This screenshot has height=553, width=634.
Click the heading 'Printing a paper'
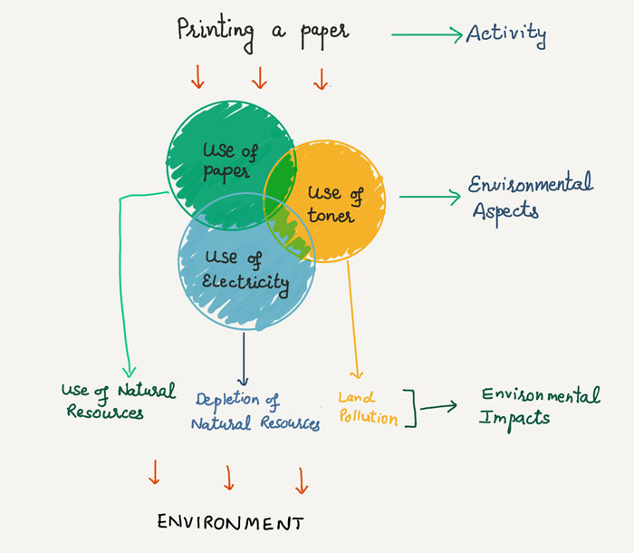(x=263, y=31)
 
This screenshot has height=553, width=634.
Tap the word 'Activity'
(x=506, y=34)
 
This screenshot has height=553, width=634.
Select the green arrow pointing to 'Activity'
(x=426, y=35)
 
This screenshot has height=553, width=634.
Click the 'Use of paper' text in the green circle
(x=229, y=161)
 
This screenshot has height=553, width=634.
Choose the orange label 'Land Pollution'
(x=368, y=408)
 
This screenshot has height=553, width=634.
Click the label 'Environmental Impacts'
(x=540, y=406)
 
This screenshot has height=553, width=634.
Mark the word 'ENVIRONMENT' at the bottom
(x=230, y=523)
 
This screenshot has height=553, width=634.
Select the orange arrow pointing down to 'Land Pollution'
(x=354, y=317)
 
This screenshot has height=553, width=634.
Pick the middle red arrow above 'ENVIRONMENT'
(x=229, y=477)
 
